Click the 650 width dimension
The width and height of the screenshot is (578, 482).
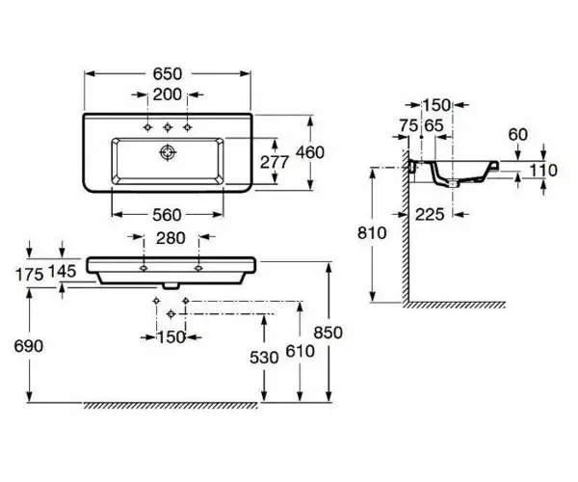tap(168, 74)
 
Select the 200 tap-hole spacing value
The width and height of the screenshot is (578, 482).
tap(168, 94)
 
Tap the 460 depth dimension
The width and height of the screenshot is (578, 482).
tap(310, 152)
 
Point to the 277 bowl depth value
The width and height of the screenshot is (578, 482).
tap(275, 162)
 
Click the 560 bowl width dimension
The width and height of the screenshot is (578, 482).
tap(167, 215)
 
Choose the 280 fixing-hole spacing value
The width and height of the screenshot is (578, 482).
tap(171, 238)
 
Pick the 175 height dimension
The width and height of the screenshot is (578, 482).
tap(30, 275)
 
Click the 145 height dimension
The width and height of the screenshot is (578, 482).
tap(63, 272)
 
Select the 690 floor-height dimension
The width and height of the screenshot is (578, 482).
tap(28, 346)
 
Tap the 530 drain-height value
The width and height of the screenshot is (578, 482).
tap(264, 358)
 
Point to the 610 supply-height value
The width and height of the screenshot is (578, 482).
tap(300, 351)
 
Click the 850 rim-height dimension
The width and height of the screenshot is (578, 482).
tap(328, 333)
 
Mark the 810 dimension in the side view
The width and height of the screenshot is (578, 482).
tap(372, 233)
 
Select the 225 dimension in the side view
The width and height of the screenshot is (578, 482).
tap(430, 214)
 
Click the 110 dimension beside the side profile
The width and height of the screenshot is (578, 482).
tap(543, 171)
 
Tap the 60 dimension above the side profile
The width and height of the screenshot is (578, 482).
tap(518, 135)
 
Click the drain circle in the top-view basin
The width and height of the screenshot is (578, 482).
tap(168, 152)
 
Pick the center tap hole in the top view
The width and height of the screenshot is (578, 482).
tap(168, 127)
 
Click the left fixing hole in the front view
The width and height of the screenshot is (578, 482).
tap(144, 268)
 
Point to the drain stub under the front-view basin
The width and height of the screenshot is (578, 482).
tap(171, 286)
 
